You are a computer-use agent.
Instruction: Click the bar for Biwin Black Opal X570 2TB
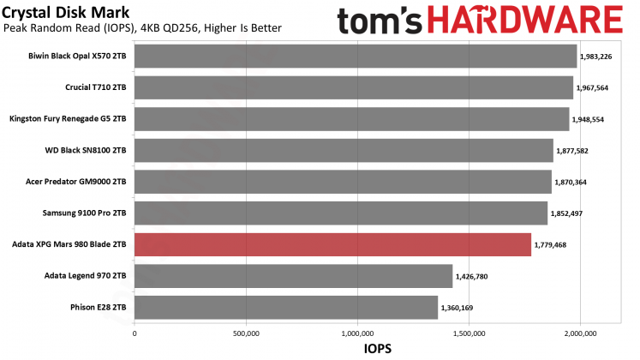click(x=356, y=57)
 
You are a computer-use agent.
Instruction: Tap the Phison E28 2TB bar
click(x=286, y=307)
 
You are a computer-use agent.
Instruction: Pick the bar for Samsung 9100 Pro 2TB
click(x=341, y=213)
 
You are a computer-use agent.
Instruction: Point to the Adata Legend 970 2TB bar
click(x=293, y=275)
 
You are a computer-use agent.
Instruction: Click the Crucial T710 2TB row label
click(x=96, y=87)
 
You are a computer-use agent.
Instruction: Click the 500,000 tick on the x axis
click(x=246, y=333)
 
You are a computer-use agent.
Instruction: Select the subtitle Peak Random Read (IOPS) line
click(x=142, y=28)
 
